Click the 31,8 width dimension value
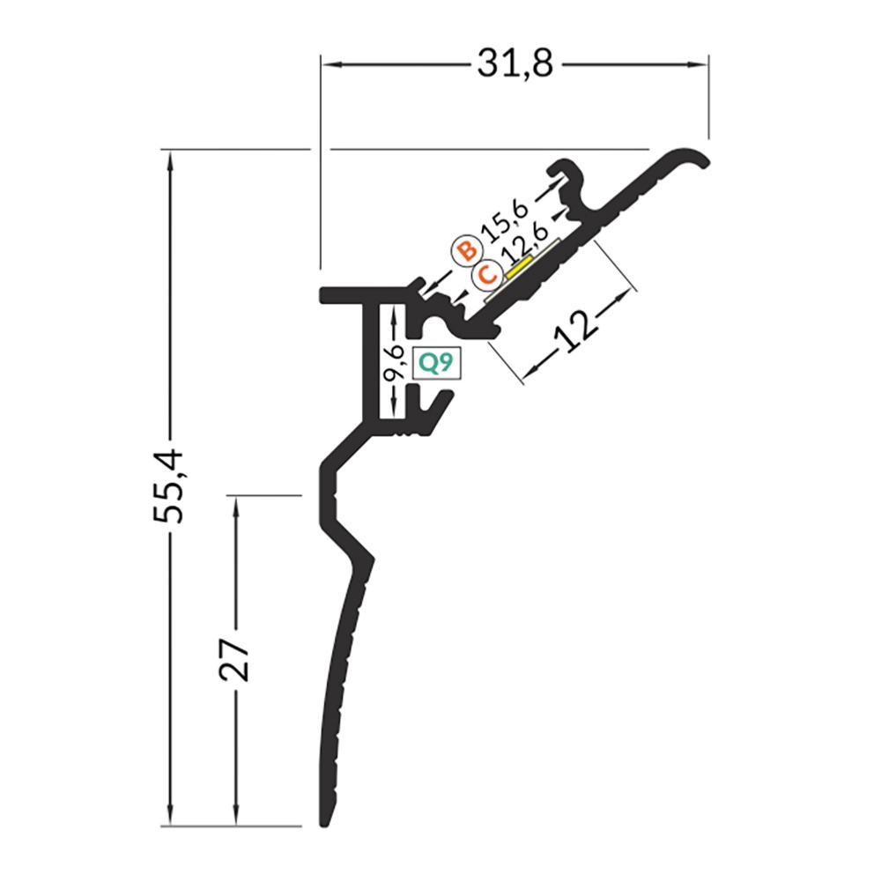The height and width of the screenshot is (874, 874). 515,64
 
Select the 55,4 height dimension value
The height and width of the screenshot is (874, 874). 168,486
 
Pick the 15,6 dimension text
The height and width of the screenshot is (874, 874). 505,226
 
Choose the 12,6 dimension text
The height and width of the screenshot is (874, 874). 524,248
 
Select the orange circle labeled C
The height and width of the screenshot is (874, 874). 486,275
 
